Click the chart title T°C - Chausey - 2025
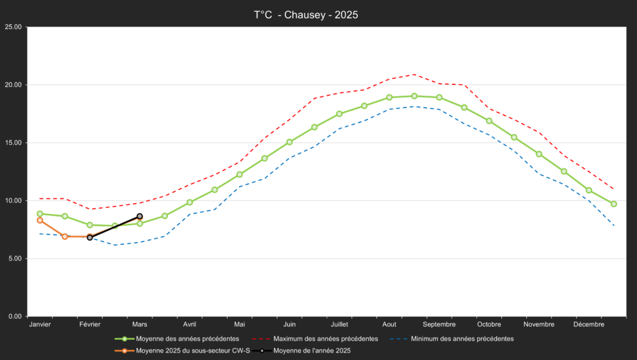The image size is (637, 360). click(x=306, y=14)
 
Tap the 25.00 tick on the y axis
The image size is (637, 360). click(x=13, y=27)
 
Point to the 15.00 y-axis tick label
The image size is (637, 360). click(x=13, y=143)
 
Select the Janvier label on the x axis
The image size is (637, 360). click(x=40, y=325)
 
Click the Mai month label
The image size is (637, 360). click(x=239, y=325)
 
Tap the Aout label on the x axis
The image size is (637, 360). click(x=389, y=325)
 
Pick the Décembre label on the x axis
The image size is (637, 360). click(x=588, y=325)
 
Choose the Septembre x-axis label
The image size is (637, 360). click(x=439, y=325)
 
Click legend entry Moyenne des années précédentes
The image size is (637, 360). click(x=187, y=339)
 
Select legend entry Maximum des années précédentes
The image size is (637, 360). click(x=325, y=339)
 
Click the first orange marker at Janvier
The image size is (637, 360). click(x=40, y=220)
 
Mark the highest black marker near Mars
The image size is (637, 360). click(x=140, y=216)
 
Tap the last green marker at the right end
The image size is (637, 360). click(x=614, y=204)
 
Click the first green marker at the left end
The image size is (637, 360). click(x=40, y=214)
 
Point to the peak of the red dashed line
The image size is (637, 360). click(x=414, y=75)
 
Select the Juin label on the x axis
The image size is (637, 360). click(x=289, y=325)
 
